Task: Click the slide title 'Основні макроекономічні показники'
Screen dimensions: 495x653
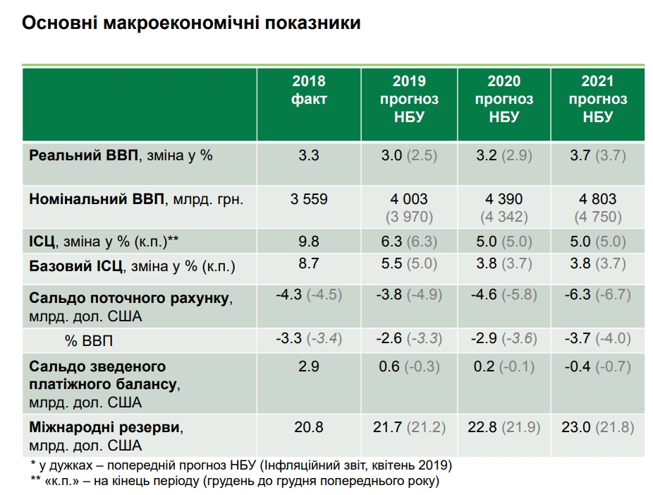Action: click(x=192, y=23)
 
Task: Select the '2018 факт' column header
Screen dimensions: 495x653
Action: click(x=309, y=90)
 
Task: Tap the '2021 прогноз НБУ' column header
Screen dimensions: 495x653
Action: click(x=597, y=99)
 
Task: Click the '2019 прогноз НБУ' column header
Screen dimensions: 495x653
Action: click(x=409, y=99)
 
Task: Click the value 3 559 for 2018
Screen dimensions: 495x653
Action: click(x=309, y=199)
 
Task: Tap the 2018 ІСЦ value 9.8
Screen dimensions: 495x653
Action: click(x=309, y=241)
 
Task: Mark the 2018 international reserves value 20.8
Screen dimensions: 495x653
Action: click(x=309, y=427)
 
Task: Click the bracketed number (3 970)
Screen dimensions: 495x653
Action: click(x=409, y=217)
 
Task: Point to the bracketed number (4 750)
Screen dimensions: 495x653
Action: click(x=597, y=217)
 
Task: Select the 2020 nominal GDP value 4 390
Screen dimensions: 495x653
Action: click(x=504, y=199)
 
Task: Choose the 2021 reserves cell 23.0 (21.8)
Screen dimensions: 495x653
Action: click(x=597, y=427)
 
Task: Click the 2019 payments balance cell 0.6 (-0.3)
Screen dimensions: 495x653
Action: click(x=409, y=366)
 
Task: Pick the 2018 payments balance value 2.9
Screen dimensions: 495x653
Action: click(x=309, y=366)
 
